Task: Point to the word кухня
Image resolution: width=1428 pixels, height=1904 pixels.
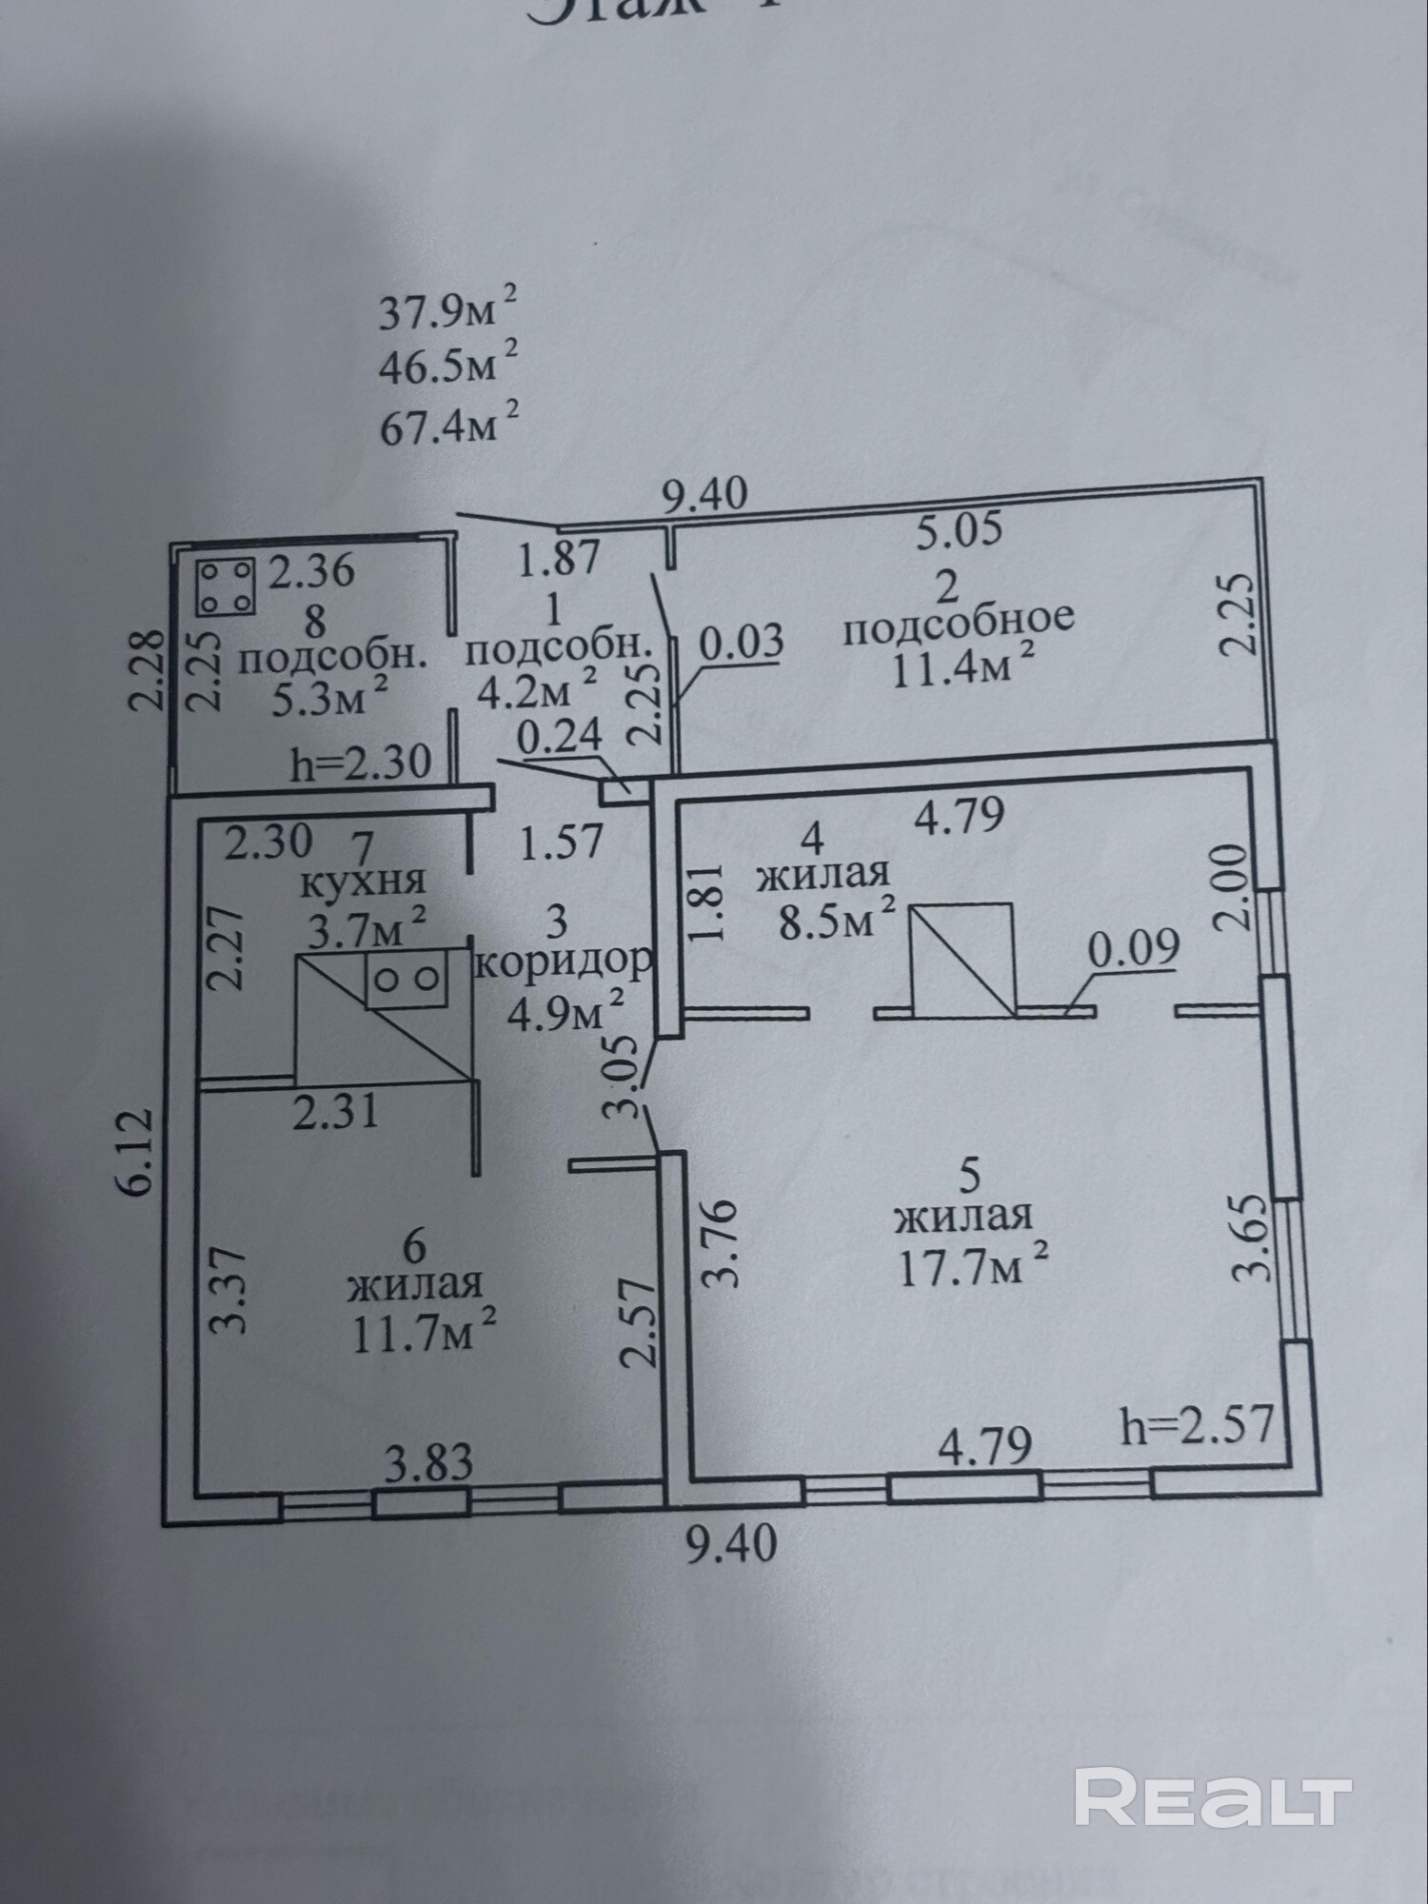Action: point(363,882)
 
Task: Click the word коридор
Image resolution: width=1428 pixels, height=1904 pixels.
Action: point(564,962)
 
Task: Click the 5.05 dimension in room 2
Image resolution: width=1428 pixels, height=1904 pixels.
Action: point(959,529)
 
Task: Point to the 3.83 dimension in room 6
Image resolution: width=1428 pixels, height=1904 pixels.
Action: point(428,1461)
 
